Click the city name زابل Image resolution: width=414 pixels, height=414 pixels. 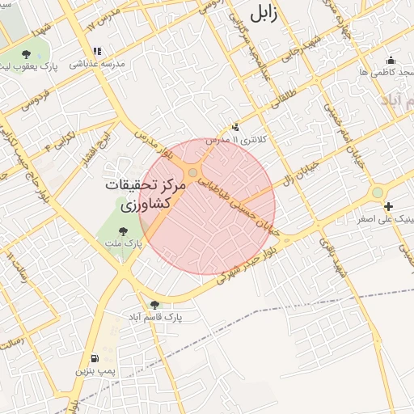click(267, 15)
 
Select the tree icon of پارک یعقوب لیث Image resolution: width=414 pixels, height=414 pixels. click(27, 54)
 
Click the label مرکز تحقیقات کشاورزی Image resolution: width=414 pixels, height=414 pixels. click(146, 195)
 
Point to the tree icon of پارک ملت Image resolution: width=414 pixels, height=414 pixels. click(123, 231)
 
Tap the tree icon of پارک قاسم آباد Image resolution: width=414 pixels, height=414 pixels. click(154, 305)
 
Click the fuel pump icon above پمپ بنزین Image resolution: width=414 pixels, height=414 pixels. click(95, 358)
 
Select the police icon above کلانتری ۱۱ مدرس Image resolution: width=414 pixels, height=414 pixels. click(236, 127)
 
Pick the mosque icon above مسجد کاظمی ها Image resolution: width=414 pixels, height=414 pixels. click(391, 60)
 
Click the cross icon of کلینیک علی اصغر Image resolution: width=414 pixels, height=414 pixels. click(389, 207)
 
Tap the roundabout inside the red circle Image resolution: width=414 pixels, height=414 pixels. click(193, 174)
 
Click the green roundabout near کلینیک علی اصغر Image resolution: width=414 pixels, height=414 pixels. click(377, 192)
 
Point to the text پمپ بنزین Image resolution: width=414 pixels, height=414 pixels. click(91, 371)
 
